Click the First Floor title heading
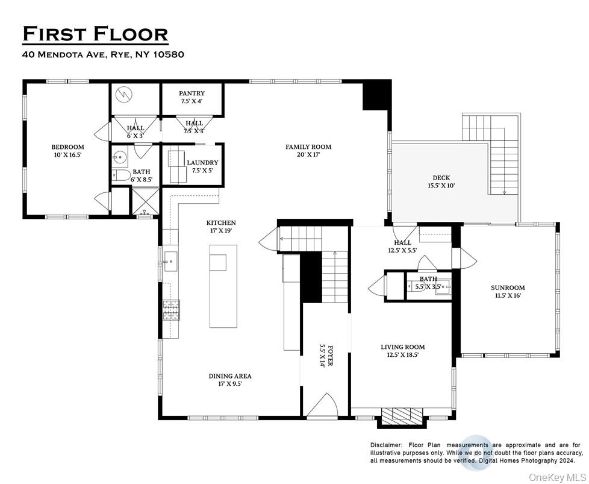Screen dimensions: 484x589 [95, 34]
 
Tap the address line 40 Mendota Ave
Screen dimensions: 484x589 [103, 54]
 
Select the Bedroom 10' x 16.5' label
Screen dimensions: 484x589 [67, 151]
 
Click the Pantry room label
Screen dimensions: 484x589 [192, 97]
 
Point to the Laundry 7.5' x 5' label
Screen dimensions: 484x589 [202, 166]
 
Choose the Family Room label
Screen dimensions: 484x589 [308, 151]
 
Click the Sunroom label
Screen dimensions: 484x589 [508, 292]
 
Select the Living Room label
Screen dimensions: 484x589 [402, 351]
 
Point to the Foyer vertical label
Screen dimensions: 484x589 [325, 356]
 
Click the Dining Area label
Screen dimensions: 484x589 [230, 380]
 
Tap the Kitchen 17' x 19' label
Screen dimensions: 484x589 [222, 227]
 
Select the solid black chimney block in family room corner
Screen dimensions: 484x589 [376, 95]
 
